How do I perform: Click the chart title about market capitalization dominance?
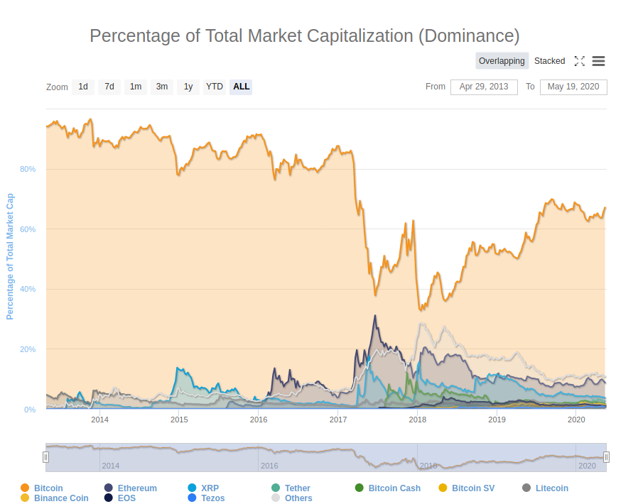(x=304, y=35)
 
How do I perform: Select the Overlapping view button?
(x=502, y=61)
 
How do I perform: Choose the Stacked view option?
(x=549, y=61)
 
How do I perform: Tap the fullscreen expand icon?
(x=579, y=61)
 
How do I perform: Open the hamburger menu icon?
(x=598, y=61)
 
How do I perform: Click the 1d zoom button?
(x=83, y=87)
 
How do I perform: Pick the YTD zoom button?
(x=214, y=87)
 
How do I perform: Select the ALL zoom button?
(x=241, y=87)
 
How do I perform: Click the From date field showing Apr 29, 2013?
(x=484, y=87)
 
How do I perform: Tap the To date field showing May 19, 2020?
(x=573, y=87)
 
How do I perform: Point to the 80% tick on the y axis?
(x=28, y=169)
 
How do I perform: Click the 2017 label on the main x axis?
(x=337, y=420)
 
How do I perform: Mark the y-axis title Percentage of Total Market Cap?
(x=10, y=256)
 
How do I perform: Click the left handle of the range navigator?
(x=45, y=457)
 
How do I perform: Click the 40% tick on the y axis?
(x=28, y=289)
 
